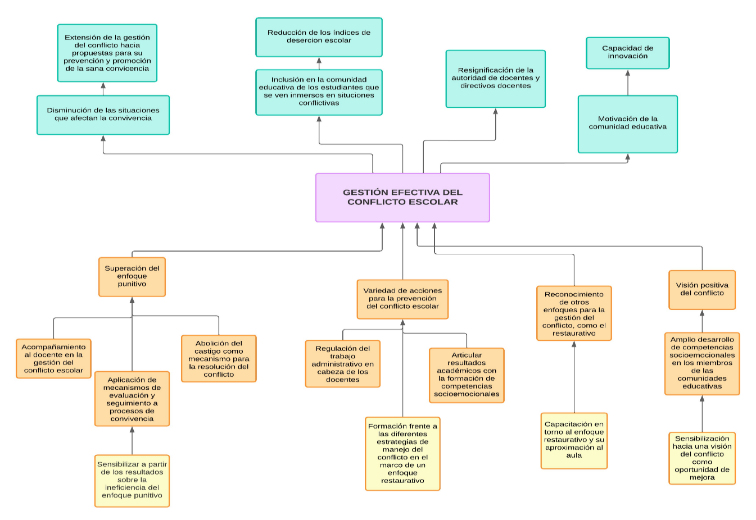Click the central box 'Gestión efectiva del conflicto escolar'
tap(402, 197)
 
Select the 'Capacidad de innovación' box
tap(627, 53)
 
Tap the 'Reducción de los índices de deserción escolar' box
tap(319, 37)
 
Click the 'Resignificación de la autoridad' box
tap(495, 79)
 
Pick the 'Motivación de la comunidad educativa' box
tap(627, 124)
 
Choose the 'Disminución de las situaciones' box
tap(103, 115)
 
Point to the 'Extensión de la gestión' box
tap(107, 53)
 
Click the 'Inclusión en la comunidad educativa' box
tap(319, 92)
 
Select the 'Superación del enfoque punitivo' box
tap(132, 276)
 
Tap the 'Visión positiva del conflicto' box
tap(701, 290)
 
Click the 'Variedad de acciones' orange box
tap(402, 299)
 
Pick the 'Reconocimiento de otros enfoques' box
tap(573, 313)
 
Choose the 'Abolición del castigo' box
tap(219, 358)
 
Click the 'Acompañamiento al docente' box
tap(53, 358)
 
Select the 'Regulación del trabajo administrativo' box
tap(342, 363)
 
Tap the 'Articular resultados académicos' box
tap(467, 375)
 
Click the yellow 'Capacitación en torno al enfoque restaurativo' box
tap(573, 440)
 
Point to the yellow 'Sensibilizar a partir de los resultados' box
tap(132, 480)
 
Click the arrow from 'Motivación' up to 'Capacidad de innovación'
tap(627, 83)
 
